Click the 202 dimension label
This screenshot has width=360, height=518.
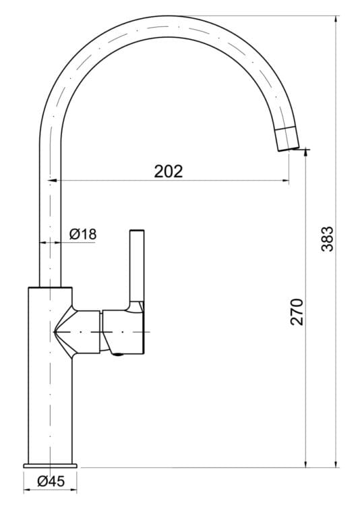click(168, 171)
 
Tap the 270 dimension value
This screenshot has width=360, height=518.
click(297, 311)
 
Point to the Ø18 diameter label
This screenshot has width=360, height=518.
click(84, 234)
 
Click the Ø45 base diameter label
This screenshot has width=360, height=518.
click(51, 482)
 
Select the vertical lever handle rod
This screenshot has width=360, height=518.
click(137, 266)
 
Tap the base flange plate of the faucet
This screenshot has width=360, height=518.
click(53, 465)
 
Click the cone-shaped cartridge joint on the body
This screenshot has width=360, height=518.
click(74, 333)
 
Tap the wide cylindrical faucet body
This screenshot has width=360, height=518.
click(49, 391)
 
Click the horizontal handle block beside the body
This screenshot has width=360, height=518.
click(123, 332)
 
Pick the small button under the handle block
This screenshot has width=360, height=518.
click(119, 353)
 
